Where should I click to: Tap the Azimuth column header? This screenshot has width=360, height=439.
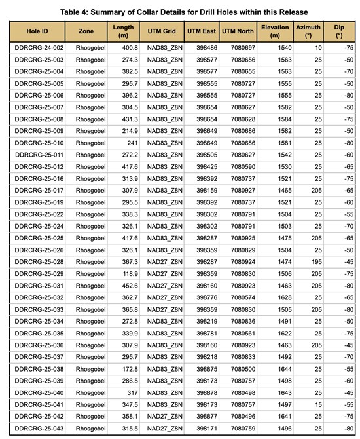[x=310, y=31]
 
